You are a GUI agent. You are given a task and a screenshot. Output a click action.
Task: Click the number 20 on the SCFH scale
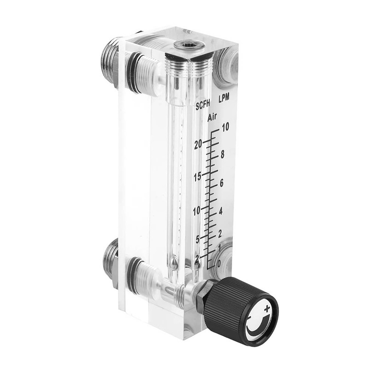pos(198,144)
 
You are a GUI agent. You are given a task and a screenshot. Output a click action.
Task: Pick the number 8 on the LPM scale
pos(222,155)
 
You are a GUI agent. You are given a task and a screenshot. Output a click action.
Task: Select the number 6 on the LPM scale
pos(221,183)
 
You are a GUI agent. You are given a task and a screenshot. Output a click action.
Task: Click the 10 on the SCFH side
pos(196,211)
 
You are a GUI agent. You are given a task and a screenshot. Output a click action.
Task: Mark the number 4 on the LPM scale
pos(220,212)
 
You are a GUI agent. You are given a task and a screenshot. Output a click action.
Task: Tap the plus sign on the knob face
pos(266,306)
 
